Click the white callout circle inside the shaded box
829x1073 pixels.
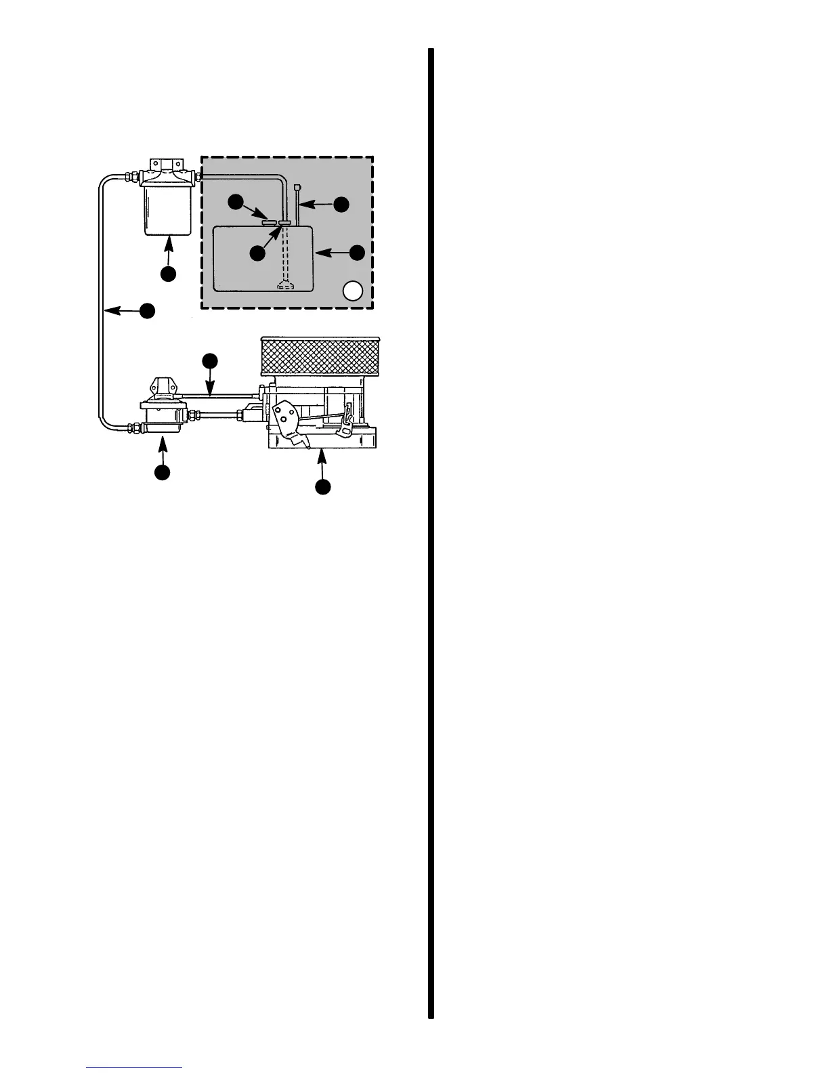[353, 291]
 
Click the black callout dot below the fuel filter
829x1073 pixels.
[168, 273]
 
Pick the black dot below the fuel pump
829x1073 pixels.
[162, 472]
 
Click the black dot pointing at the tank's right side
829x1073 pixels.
[357, 253]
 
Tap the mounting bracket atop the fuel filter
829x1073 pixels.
[166, 165]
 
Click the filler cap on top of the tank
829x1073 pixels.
[270, 221]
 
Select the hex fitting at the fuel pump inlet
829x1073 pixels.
[134, 428]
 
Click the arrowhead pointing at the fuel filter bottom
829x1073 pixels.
[168, 239]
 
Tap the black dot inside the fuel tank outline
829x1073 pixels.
[257, 253]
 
